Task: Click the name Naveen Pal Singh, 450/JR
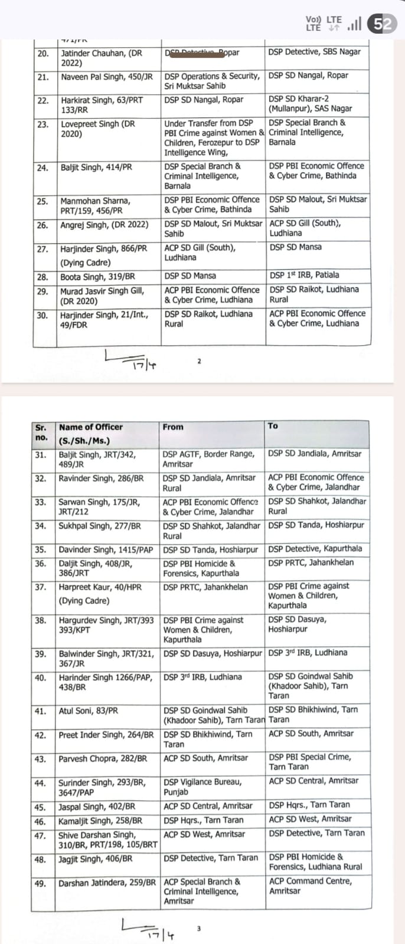coord(107,77)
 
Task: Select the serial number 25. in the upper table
coord(43,201)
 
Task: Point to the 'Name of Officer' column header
coord(91,427)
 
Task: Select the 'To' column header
coord(273,425)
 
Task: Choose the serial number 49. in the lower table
coord(40,883)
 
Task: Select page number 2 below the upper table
coord(199,361)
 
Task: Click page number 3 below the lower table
coord(198,929)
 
